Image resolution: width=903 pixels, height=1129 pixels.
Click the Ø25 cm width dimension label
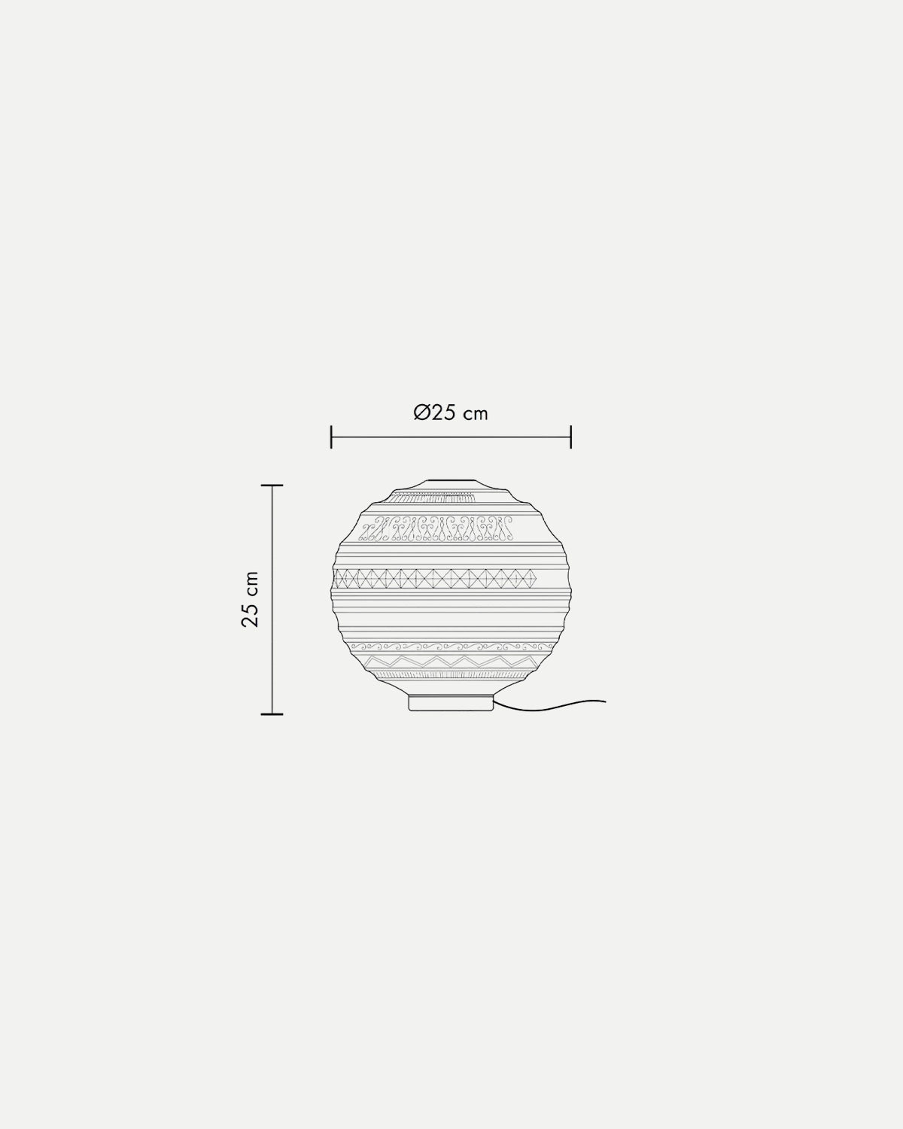[x=451, y=413]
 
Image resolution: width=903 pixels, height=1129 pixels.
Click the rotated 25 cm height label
[x=251, y=599]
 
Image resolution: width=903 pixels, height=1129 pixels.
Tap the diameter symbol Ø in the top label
[x=422, y=413]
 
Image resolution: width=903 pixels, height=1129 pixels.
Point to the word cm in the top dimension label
[x=476, y=415]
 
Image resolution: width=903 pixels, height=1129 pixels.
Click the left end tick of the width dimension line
[x=331, y=437]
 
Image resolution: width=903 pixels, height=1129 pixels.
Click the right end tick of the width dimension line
[x=571, y=437]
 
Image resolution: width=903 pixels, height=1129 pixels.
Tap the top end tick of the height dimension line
[x=272, y=485]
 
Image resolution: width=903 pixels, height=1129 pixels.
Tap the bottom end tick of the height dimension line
[x=272, y=714]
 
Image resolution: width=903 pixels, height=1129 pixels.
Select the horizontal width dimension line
[x=451, y=437]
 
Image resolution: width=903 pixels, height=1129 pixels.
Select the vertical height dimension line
[x=272, y=600]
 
